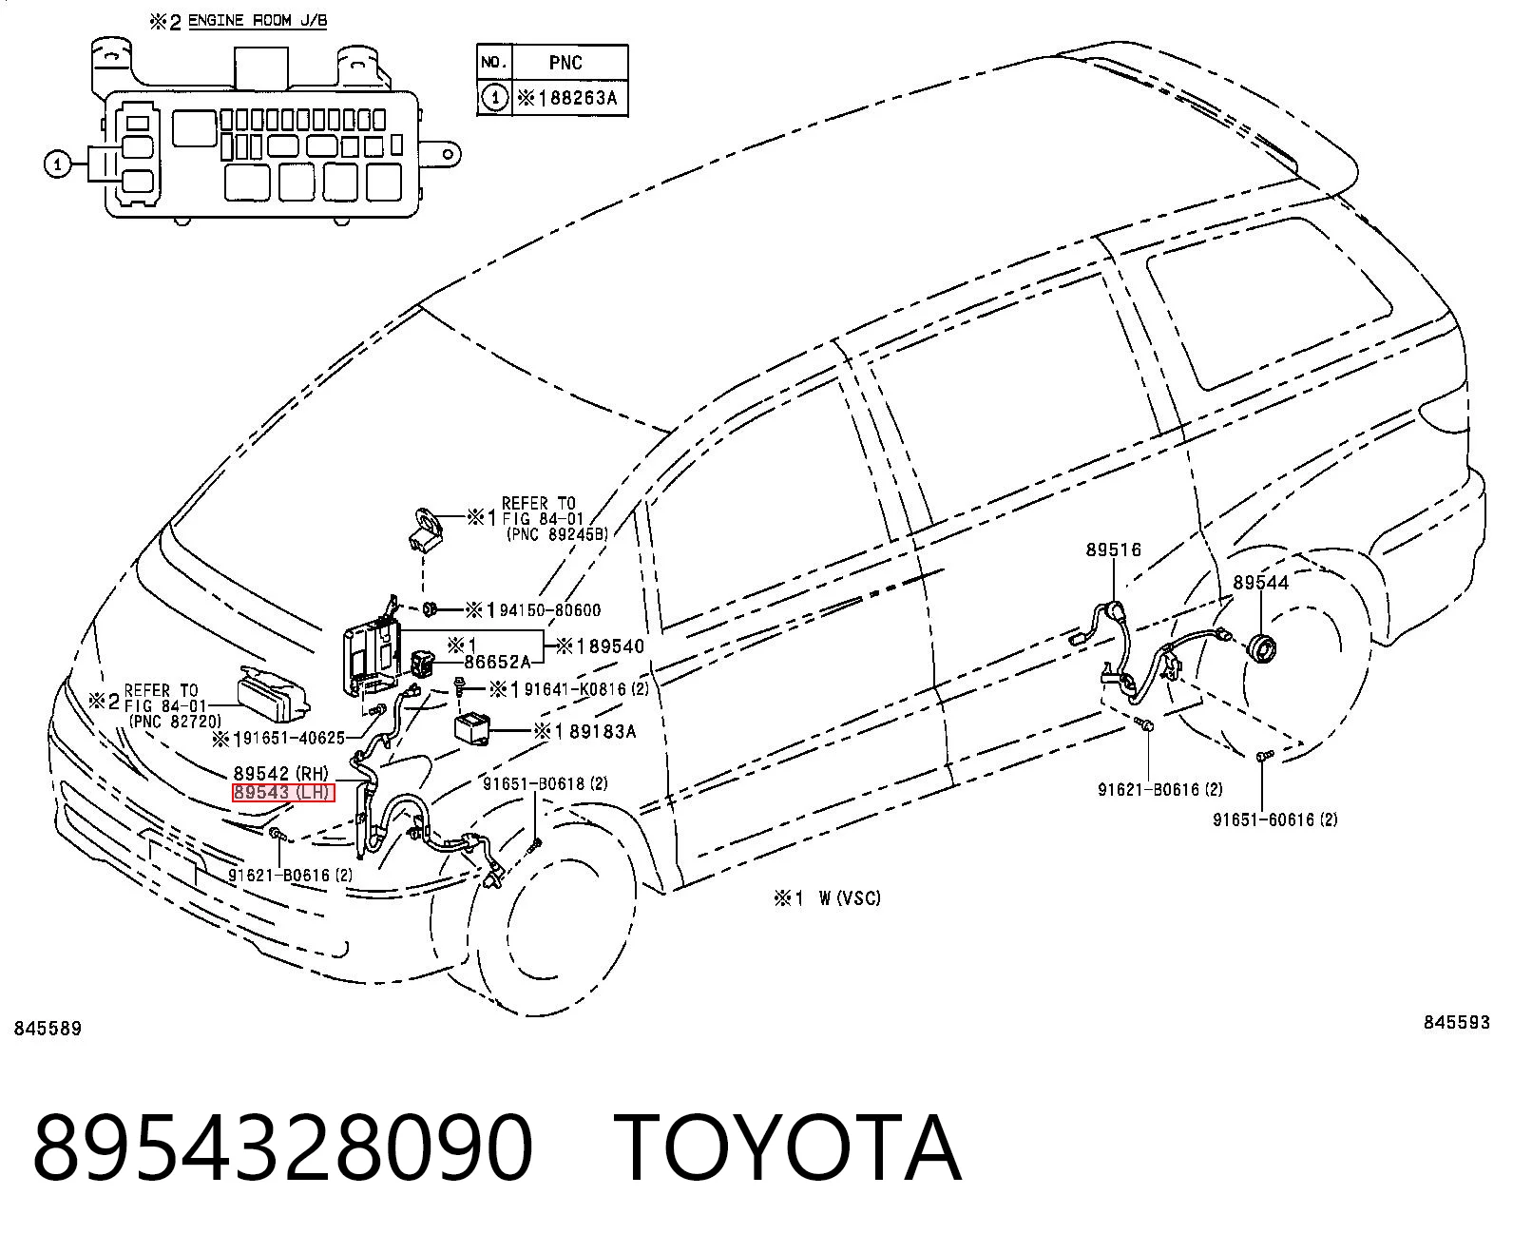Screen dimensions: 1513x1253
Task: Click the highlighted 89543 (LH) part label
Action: (282, 793)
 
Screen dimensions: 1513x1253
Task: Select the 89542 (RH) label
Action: (281, 773)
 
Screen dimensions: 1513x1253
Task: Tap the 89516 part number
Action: (1113, 549)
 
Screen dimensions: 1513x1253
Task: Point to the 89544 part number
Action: (1261, 582)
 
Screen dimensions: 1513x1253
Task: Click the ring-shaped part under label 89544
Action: (1264, 649)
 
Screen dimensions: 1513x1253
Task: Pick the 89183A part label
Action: (603, 732)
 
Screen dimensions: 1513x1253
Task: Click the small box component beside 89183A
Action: (471, 728)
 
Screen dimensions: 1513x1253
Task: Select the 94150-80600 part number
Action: (550, 609)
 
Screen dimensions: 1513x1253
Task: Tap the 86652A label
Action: (497, 662)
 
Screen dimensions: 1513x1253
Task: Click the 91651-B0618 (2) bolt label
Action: (546, 783)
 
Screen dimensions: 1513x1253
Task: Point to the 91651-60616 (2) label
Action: (1275, 819)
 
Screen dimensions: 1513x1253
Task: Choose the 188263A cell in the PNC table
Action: (569, 98)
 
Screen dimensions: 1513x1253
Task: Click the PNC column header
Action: (565, 63)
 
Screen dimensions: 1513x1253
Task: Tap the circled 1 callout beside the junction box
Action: (58, 164)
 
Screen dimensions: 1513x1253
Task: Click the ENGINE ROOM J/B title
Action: (258, 20)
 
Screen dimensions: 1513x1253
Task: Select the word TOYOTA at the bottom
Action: (788, 1147)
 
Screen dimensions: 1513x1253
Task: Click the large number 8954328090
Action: (282, 1147)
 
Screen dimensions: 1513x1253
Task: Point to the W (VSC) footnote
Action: (850, 898)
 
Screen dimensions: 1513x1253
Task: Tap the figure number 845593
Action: (1457, 1022)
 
